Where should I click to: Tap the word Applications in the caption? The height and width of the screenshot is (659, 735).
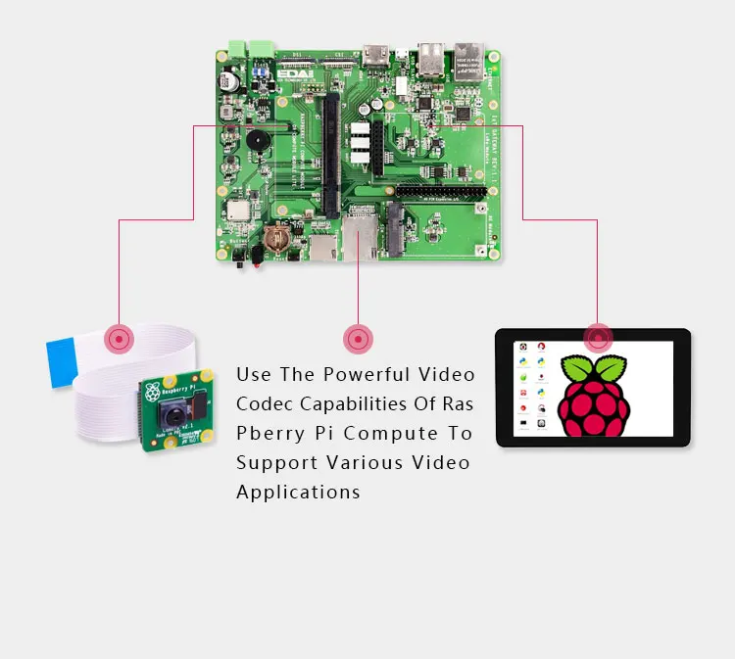[298, 492]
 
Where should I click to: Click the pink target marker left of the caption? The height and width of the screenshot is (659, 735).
[358, 340]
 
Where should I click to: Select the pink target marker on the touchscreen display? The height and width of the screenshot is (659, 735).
[597, 339]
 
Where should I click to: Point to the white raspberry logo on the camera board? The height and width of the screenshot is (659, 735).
[152, 393]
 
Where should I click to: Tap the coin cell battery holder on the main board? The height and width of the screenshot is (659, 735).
[276, 238]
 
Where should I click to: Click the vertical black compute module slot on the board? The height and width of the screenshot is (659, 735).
[330, 152]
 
